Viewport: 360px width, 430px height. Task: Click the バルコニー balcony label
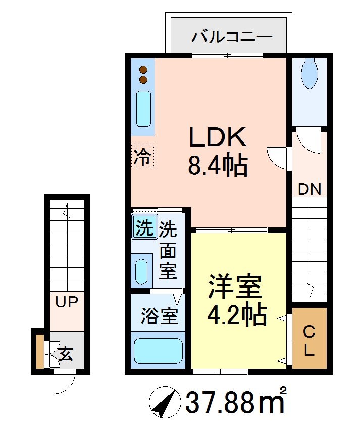(x=232, y=38)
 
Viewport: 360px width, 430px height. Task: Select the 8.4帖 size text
(x=218, y=165)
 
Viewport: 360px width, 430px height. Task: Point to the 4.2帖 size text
(x=236, y=315)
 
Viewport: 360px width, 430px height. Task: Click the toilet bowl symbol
(x=308, y=74)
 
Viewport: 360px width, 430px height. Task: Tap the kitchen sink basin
(x=143, y=110)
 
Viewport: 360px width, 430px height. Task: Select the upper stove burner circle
(x=143, y=69)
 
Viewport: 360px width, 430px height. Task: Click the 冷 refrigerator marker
(x=142, y=156)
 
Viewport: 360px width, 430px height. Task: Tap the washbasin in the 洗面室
(x=142, y=270)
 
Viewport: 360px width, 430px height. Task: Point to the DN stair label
(x=309, y=189)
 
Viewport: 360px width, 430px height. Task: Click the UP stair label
(x=67, y=303)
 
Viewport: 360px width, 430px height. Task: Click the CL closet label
(x=309, y=341)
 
